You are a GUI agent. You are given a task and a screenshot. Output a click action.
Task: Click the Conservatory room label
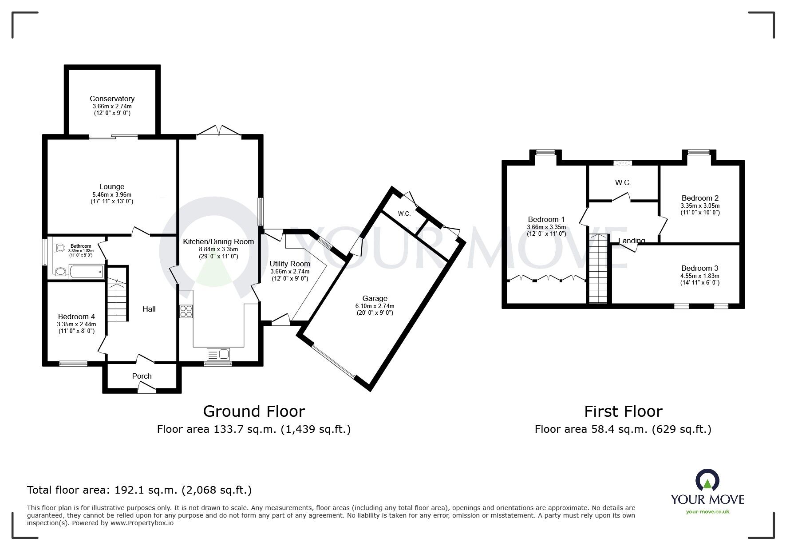[112, 99]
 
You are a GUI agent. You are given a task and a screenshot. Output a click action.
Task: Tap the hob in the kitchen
[186, 311]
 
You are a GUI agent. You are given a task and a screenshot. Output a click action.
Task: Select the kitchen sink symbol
[218, 354]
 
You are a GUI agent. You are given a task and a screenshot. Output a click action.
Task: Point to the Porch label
[142, 376]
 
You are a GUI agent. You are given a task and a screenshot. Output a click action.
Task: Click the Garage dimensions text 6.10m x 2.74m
[375, 306]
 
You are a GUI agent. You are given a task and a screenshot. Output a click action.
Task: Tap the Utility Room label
[290, 264]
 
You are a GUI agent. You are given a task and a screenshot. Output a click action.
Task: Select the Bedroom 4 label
[76, 317]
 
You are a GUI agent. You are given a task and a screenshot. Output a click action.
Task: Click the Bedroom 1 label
[546, 219]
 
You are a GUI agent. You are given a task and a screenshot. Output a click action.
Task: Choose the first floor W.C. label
[623, 182]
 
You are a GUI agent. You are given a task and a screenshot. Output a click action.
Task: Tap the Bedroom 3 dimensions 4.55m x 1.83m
[700, 276]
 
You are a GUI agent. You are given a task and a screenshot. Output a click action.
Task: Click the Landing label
[632, 241]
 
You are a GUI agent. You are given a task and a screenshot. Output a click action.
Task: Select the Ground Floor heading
[254, 411]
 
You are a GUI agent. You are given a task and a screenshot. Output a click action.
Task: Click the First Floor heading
[623, 411]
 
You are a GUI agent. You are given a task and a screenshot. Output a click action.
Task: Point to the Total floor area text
[139, 490]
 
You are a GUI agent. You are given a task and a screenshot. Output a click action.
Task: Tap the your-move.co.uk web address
[707, 512]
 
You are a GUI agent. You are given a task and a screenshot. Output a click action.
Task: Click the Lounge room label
[112, 186]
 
